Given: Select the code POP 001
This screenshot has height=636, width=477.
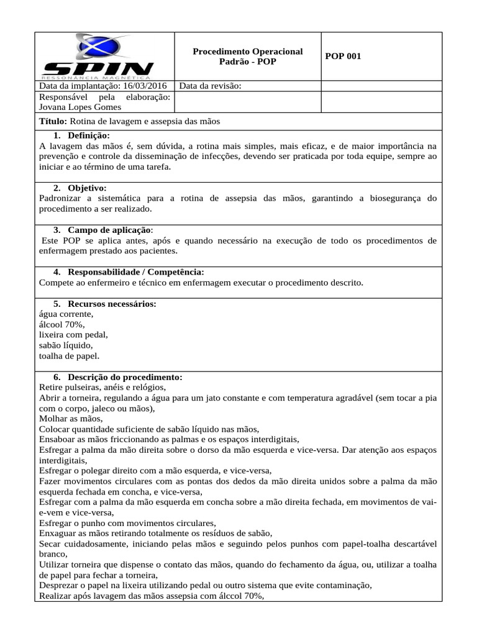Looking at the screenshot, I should [343, 57].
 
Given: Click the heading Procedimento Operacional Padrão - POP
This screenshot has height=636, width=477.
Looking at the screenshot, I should [248, 57].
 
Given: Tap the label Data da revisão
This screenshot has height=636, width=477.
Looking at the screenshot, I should [210, 86].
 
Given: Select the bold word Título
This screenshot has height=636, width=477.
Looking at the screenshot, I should [52, 121].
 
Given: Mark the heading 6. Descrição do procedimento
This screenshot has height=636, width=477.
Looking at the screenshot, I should [117, 377].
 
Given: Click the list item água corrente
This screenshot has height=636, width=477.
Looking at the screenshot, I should [66, 314].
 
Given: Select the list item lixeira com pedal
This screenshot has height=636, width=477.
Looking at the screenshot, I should [73, 335].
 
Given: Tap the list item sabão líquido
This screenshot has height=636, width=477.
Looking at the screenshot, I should [65, 345].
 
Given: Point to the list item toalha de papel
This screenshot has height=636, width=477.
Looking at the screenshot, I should [69, 356].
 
